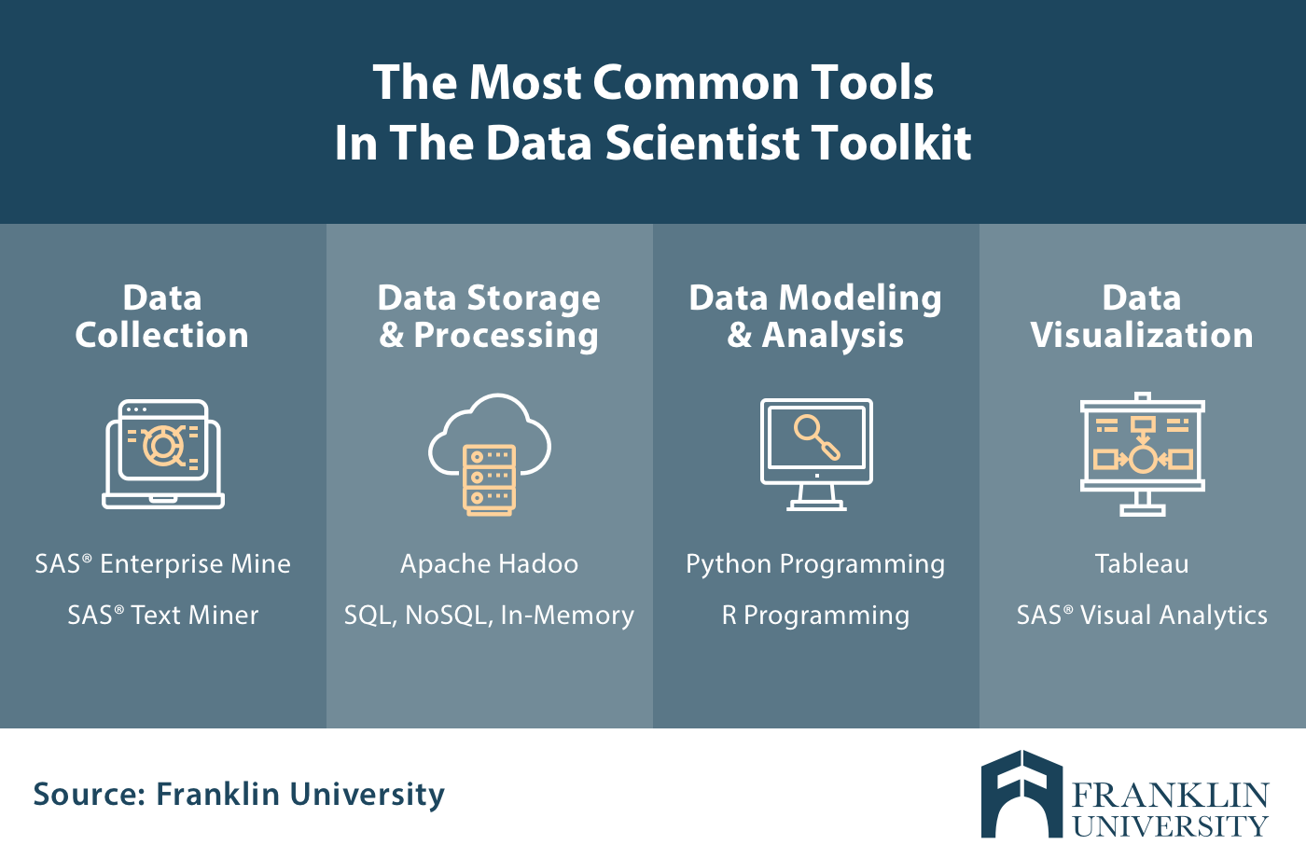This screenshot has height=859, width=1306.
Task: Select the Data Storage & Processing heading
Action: pos(489,318)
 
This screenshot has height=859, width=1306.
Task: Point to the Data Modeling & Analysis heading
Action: pos(815,318)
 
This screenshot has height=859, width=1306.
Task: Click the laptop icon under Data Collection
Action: pos(163,454)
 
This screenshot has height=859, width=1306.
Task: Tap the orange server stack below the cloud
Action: pos(489,480)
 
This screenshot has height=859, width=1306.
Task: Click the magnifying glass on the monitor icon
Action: pos(816,437)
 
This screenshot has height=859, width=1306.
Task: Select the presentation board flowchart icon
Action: pos(1143,454)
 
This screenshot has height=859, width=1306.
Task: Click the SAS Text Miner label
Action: pos(162,615)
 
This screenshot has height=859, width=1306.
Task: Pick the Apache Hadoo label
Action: pos(489,564)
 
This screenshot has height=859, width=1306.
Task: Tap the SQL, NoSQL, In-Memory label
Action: pos(489,616)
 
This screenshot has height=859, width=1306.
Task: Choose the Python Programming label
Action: pos(815,564)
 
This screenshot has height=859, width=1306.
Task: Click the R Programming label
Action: pos(815,616)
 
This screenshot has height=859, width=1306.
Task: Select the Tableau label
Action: pos(1142,563)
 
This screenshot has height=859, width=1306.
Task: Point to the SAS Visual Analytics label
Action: pos(1142,616)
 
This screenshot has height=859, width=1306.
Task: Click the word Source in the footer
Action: pos(89,794)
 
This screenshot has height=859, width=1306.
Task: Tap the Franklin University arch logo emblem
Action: pos(1022,794)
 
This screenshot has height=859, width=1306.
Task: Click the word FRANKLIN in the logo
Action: pos(1170,796)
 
